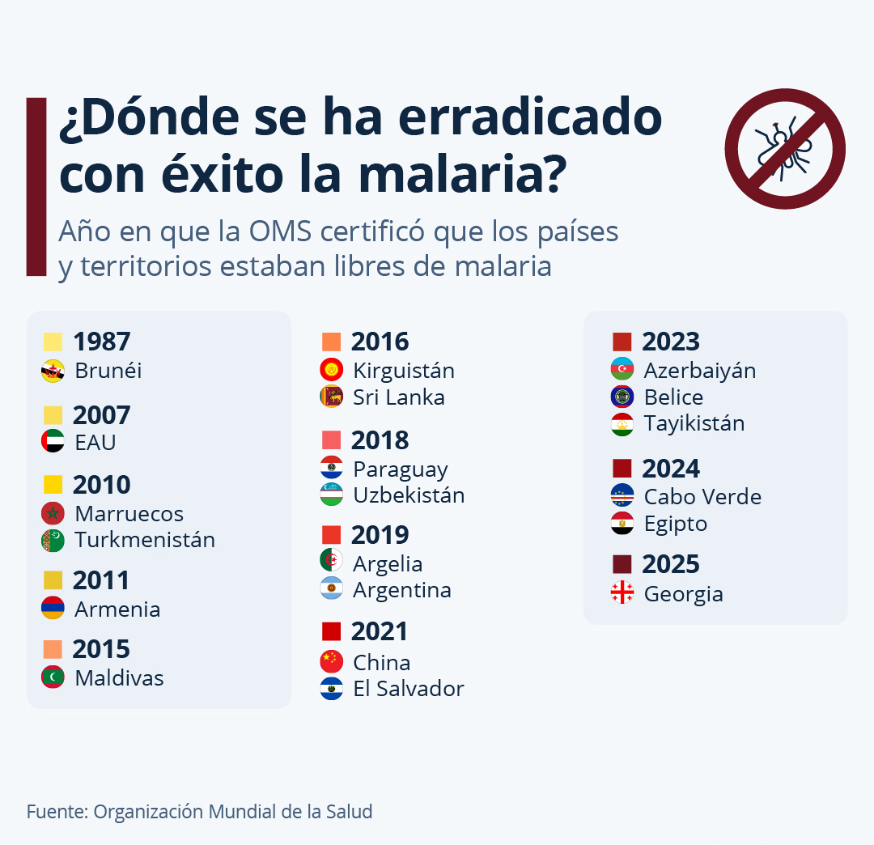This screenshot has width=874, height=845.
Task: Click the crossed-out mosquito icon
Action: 784,149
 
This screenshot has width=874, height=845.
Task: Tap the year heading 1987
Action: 101,342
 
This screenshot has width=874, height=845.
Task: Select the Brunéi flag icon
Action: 53,372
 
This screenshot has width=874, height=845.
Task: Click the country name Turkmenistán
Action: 145,540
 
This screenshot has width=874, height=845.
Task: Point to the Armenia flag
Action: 53,609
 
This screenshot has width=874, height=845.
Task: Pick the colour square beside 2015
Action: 53,649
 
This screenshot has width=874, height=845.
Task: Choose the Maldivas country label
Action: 119,678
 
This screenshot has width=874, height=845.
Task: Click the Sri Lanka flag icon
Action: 332,397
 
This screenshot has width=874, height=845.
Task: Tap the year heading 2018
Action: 380,440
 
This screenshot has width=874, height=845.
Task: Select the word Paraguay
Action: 400,469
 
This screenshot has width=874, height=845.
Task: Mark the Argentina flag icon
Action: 332,589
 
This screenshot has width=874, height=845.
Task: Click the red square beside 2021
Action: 331,631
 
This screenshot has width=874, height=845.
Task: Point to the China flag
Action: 332,661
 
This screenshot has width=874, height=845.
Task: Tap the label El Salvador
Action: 408,689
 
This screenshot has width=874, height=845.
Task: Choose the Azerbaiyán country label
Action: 699,371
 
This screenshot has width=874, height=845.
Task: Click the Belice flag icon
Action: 622,397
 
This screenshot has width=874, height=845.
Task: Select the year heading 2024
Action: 670,469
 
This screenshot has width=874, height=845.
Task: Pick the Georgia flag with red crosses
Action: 622,593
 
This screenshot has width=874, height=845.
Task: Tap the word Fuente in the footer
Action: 56,811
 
